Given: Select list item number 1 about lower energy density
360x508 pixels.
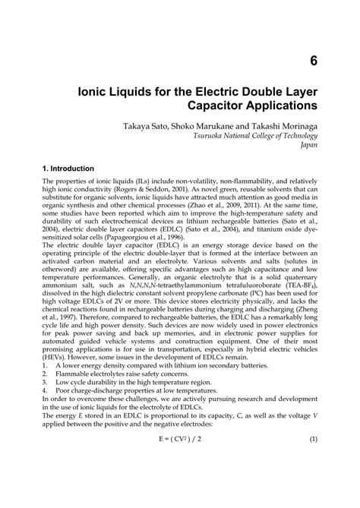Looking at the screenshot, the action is pos(129,385).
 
